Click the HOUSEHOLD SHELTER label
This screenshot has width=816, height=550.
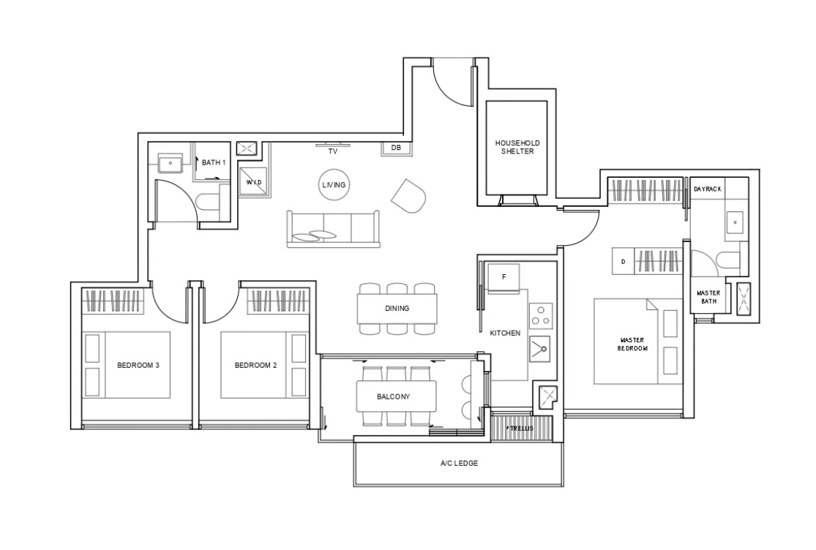pyautogui.click(x=517, y=147)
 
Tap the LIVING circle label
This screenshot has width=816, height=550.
pyautogui.click(x=334, y=185)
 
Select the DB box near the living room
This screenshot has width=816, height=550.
pyautogui.click(x=396, y=148)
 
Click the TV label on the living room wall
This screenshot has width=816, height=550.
pyautogui.click(x=332, y=152)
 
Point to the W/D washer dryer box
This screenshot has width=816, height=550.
pyautogui.click(x=254, y=182)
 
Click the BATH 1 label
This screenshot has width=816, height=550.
pyautogui.click(x=214, y=162)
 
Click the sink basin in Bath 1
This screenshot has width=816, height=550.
pyautogui.click(x=171, y=162)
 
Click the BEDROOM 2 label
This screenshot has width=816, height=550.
pyautogui.click(x=255, y=366)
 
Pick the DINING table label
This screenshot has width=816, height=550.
pyautogui.click(x=397, y=308)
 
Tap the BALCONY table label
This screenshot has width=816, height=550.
pyautogui.click(x=394, y=396)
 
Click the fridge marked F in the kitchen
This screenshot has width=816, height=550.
pyautogui.click(x=504, y=278)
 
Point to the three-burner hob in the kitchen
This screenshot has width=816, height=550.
pyautogui.click(x=541, y=316)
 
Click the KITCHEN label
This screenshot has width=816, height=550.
pyautogui.click(x=505, y=334)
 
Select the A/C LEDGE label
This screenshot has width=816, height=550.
pyautogui.click(x=459, y=463)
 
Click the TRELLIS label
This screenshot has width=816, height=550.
pyautogui.click(x=521, y=429)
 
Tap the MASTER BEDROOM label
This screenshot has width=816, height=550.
pyautogui.click(x=632, y=344)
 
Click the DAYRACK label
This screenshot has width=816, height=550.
pyautogui.click(x=707, y=189)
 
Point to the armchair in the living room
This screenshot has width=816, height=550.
pyautogui.click(x=409, y=196)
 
